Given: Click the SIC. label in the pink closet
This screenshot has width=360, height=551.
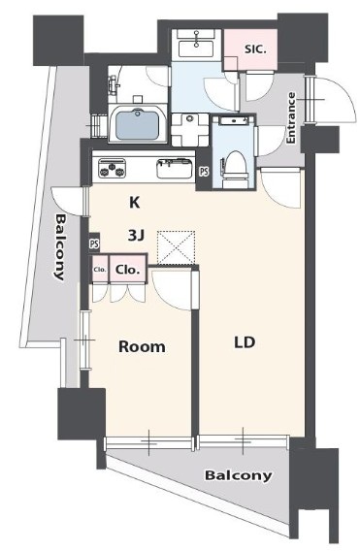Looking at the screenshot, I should (255, 47).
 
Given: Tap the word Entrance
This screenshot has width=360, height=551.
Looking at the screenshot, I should (290, 118).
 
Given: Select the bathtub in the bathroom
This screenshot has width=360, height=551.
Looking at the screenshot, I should (139, 124).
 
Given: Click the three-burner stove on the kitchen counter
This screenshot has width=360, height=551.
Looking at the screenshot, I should (114, 168).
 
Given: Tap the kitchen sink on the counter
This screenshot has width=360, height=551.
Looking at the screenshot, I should (176, 168).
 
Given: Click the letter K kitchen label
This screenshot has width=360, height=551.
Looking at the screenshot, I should (137, 202).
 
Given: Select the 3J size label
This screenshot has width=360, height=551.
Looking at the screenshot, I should (137, 234).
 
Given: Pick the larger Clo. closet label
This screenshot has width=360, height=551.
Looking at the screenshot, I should (128, 270).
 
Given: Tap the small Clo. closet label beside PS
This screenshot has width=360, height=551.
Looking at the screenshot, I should (99, 270).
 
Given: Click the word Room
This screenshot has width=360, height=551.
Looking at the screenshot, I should (141, 346).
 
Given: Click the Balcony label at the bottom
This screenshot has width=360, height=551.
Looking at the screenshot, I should (238, 475).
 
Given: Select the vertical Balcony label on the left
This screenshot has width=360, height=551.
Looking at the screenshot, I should (60, 246).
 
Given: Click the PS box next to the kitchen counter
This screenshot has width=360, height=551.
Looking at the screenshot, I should (203, 171).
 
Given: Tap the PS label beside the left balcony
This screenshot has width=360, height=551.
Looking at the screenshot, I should (94, 244).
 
